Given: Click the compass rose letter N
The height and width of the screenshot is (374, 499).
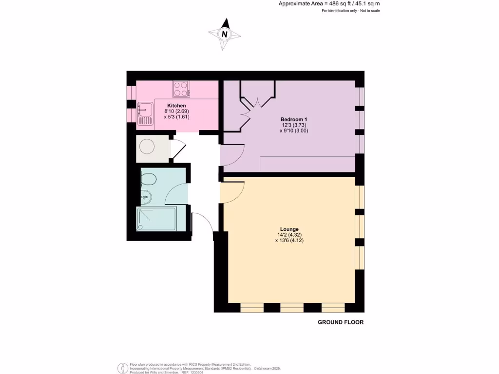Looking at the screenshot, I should click(x=225, y=34).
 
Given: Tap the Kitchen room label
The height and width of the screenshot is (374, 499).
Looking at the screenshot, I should click(x=176, y=106).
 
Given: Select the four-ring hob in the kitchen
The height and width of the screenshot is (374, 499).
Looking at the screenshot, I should click(x=181, y=90).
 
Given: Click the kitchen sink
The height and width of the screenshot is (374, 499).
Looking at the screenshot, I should click(x=145, y=113).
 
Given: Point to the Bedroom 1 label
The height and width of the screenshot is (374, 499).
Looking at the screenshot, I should click(x=294, y=119).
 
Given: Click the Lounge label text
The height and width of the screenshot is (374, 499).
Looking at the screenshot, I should click(x=289, y=229).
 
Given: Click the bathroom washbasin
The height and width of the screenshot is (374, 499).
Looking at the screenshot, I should click(x=147, y=197).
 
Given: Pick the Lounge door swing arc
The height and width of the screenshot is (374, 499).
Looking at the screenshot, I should click(x=232, y=193).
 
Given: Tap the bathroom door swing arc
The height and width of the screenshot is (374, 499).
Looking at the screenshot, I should click(x=175, y=194).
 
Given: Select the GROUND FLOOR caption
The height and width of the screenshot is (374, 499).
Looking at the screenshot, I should click(x=341, y=322).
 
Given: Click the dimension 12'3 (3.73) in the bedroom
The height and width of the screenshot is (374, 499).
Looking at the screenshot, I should click(x=294, y=125).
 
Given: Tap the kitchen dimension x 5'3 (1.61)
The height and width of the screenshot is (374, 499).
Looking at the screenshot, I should click(x=176, y=117).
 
